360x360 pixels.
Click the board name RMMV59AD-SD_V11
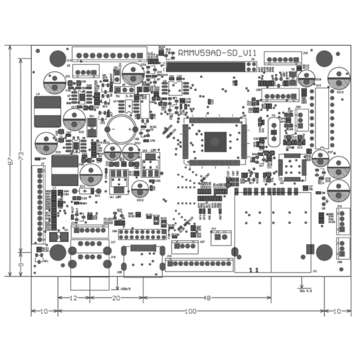point(217,52)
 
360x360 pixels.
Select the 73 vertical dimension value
point(21,155)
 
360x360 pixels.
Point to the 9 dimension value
point(21,264)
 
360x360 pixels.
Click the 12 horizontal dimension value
point(74,298)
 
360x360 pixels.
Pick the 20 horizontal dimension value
point(116,298)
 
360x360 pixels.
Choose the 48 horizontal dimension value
point(207,298)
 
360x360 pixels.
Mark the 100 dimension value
point(191,311)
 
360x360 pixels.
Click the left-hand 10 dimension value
point(44,311)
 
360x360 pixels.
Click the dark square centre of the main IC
point(215,140)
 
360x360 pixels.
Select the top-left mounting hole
point(58,58)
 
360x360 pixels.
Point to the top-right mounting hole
point(325,58)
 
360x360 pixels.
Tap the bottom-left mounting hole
point(58,252)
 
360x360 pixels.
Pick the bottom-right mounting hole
point(325,252)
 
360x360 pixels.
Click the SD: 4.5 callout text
point(305,291)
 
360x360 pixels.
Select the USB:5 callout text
point(125,289)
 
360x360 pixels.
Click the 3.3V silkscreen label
point(129,96)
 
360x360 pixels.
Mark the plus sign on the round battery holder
point(135,129)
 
